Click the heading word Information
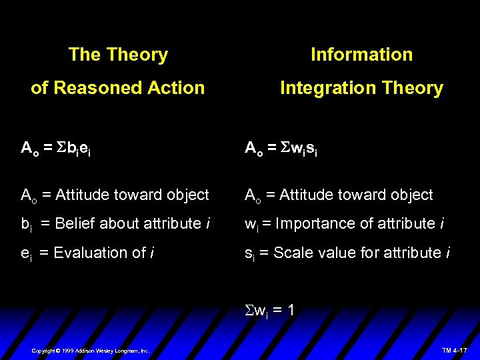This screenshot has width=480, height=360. coord(361,55)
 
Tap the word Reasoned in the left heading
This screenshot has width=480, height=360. coord(95,88)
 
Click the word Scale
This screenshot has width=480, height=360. coord(291,253)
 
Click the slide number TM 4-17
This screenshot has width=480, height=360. coord(455,350)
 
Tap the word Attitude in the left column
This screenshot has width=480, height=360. coord(80,195)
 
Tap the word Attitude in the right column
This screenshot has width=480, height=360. coord(304,195)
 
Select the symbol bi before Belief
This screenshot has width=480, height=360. coord(27,225)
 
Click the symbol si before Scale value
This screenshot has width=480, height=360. coord(250,254)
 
